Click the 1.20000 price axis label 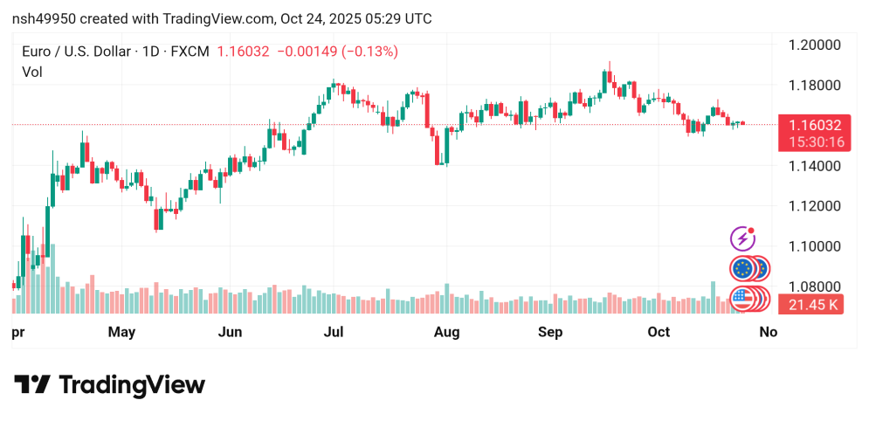[x=814, y=45]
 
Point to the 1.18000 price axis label [x=814, y=85]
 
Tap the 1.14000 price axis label [x=814, y=165]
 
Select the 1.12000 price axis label [x=814, y=205]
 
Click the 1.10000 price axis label [x=814, y=246]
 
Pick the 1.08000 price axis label [x=814, y=286]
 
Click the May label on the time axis [x=121, y=332]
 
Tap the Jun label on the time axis [x=230, y=332]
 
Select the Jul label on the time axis [x=334, y=332]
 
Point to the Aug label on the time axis [x=446, y=332]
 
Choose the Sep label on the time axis [x=550, y=332]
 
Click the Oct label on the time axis [x=659, y=332]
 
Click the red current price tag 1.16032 [x=815, y=126]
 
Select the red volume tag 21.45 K [x=814, y=305]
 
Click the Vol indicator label [x=32, y=72]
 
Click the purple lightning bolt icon [x=742, y=238]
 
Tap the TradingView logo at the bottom [x=109, y=385]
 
